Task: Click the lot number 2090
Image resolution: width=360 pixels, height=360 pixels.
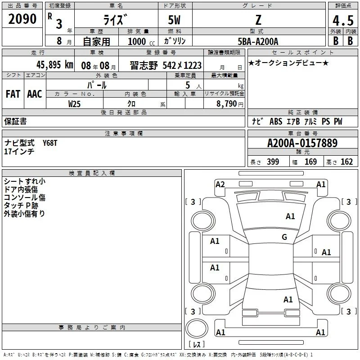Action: (x=22, y=19)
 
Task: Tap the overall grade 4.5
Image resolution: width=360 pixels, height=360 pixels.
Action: (x=343, y=20)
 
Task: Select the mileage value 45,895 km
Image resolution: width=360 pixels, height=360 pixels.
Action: (x=55, y=65)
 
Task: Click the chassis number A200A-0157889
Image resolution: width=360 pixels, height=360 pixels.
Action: (x=302, y=143)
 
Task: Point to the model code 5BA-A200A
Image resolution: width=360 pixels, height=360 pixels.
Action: (x=258, y=41)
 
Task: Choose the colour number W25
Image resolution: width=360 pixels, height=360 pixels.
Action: (x=74, y=104)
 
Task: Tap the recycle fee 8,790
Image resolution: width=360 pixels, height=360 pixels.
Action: (x=226, y=104)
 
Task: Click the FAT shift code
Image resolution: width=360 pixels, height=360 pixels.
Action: (x=13, y=94)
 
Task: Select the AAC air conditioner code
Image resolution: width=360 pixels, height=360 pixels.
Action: (x=35, y=94)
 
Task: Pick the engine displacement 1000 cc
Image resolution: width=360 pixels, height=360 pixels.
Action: (x=141, y=41)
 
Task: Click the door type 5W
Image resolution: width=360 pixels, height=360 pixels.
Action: (x=174, y=20)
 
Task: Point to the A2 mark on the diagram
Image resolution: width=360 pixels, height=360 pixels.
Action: (x=220, y=184)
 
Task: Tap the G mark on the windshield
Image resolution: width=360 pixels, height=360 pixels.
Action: (x=284, y=237)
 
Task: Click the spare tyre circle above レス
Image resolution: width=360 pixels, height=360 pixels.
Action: (x=197, y=328)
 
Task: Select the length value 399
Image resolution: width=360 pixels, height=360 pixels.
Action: (x=273, y=162)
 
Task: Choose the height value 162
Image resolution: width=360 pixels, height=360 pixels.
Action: (x=346, y=162)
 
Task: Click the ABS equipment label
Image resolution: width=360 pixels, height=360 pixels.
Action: (x=276, y=121)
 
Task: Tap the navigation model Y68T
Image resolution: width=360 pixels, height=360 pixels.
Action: (x=50, y=143)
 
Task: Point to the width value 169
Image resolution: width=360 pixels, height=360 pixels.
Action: (x=310, y=162)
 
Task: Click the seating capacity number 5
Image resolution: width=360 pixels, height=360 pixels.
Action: (x=188, y=85)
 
